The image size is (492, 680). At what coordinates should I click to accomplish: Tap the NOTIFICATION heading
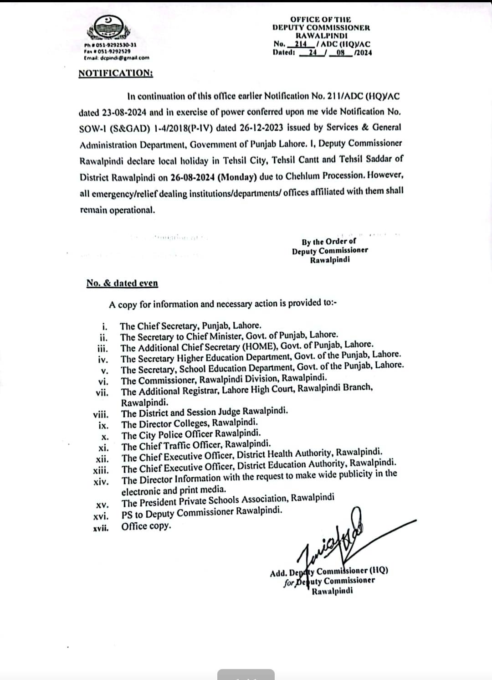tap(116, 73)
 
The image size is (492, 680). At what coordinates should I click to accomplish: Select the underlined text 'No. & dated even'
tap(122, 283)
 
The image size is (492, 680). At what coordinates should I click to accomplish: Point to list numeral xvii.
tap(101, 528)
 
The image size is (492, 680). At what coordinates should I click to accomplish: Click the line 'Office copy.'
tap(146, 526)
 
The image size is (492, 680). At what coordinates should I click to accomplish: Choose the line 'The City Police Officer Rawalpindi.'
tap(191, 434)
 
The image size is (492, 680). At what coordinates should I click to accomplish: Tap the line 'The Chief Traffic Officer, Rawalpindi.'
tap(196, 445)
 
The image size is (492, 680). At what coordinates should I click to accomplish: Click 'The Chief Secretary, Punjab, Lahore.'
tap(190, 326)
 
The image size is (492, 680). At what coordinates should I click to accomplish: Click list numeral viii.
tap(101, 415)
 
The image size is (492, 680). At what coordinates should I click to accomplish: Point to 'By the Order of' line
tap(329, 241)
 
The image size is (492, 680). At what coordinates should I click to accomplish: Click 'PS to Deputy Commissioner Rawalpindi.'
tap(202, 513)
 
